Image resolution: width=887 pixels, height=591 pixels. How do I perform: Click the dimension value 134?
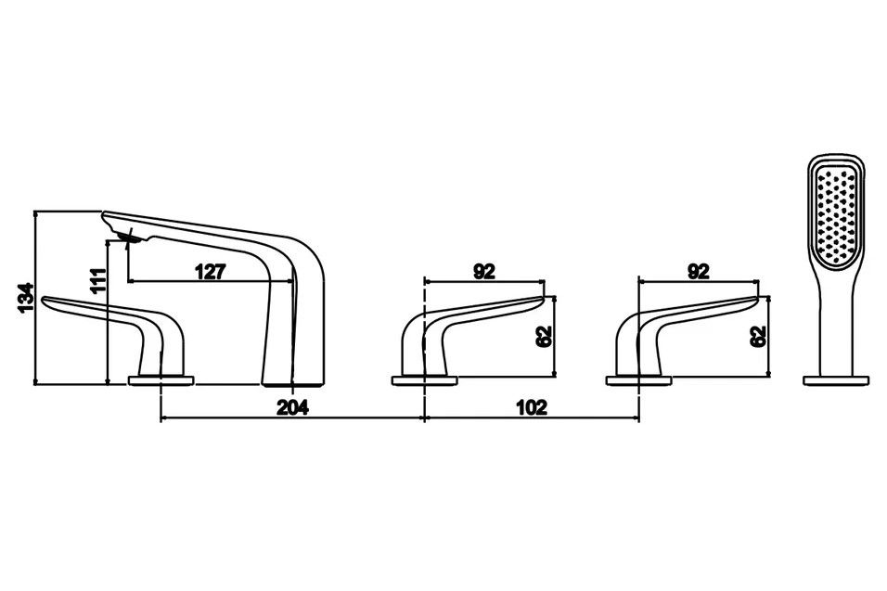26,298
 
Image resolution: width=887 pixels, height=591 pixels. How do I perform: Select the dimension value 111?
97,280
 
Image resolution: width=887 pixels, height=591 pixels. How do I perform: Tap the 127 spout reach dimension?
211,272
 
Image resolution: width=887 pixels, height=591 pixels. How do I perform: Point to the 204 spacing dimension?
292,407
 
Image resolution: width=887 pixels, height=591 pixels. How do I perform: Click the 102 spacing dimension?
532,407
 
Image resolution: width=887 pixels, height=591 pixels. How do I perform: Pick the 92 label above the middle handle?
484,272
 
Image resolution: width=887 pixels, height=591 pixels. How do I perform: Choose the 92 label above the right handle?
698,272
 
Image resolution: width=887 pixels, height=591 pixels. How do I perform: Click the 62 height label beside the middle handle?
545,337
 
